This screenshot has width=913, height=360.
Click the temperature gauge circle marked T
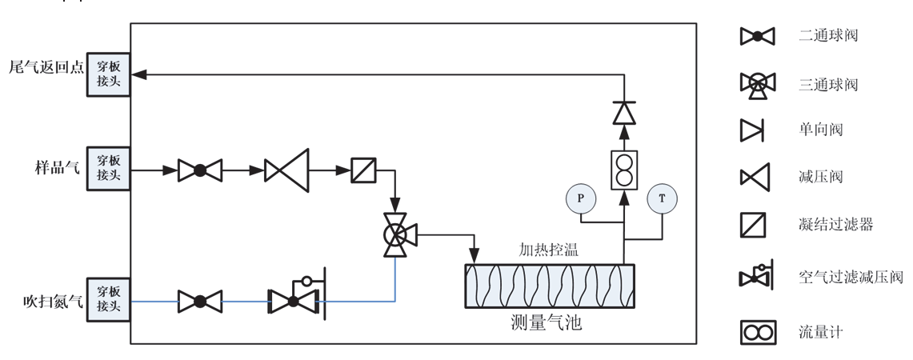662,198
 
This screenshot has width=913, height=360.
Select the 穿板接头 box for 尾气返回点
108,74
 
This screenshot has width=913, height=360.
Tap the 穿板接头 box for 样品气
108,169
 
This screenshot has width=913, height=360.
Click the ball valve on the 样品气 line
199,170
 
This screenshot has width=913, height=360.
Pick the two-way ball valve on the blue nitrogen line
199,302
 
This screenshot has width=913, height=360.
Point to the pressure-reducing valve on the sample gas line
286,170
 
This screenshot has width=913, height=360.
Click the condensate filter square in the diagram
364,170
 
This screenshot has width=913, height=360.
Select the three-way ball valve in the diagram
395,234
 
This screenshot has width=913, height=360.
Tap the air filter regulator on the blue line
294,298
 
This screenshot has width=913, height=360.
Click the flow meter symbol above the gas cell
624,170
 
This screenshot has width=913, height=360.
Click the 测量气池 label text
546,323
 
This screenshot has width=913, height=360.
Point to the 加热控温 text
548,250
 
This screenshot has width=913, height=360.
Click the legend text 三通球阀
828,84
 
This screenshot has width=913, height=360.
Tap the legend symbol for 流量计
757,331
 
